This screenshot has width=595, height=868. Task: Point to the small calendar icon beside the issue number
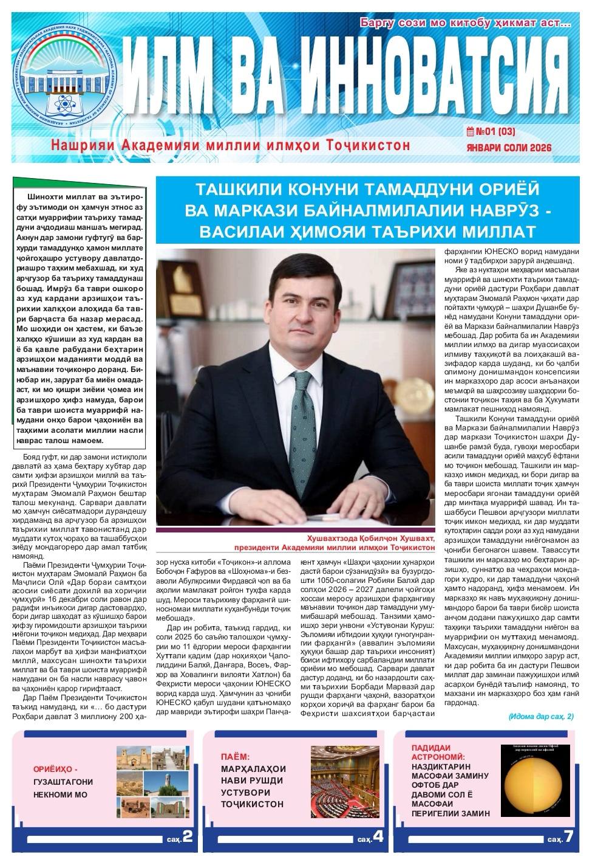tap(469, 131)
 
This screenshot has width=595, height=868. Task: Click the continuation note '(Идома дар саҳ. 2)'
tap(540, 717)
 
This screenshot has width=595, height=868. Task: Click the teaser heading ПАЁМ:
tap(236, 757)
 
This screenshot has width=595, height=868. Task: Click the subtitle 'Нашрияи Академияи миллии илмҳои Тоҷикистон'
tap(231, 145)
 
